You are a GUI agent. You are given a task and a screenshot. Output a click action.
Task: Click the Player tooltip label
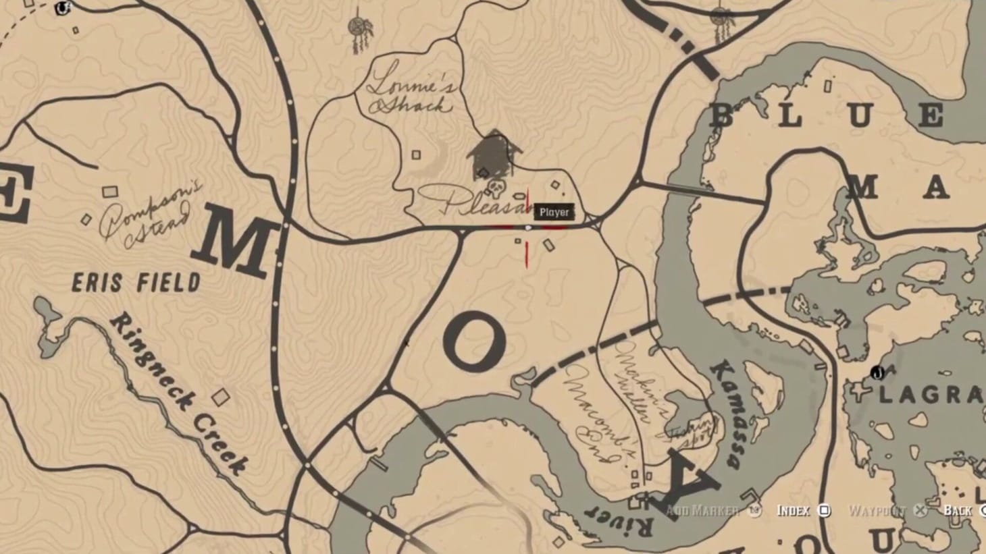(x=554, y=212)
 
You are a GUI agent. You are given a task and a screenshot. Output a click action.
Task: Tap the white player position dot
(x=528, y=228)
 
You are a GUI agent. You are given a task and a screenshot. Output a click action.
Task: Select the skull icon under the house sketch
(x=495, y=186)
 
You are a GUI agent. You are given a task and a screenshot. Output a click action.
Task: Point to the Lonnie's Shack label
(x=411, y=95)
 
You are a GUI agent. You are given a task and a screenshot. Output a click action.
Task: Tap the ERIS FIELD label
(x=136, y=281)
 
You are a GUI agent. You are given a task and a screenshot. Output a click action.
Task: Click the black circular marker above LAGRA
(x=877, y=372)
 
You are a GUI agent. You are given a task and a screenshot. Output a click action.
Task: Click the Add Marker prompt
(x=713, y=511)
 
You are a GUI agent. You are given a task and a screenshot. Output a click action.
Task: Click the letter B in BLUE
(x=723, y=116)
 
